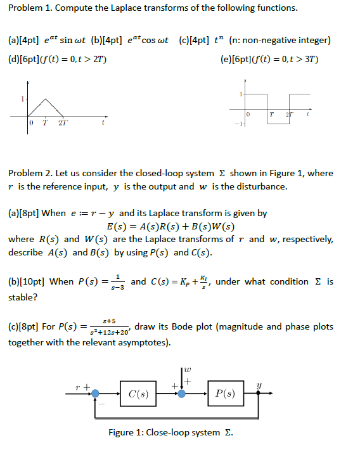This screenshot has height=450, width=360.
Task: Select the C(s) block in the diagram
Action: [x=138, y=394]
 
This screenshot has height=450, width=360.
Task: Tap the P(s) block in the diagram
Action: [x=226, y=394]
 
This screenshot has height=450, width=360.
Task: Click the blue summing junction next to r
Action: [x=95, y=394]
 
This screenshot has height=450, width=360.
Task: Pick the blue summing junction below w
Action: [x=182, y=394]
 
